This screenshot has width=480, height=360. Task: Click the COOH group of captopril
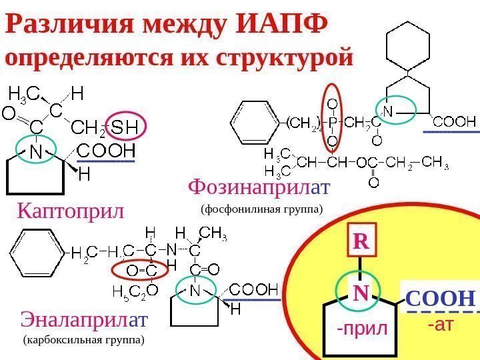click(x=106, y=149)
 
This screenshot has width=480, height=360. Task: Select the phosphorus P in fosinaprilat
click(x=332, y=122)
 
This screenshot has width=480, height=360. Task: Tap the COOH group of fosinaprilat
click(x=455, y=122)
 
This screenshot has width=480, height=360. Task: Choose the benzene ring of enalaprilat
click(x=35, y=253)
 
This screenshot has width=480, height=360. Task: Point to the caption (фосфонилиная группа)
click(x=261, y=209)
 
